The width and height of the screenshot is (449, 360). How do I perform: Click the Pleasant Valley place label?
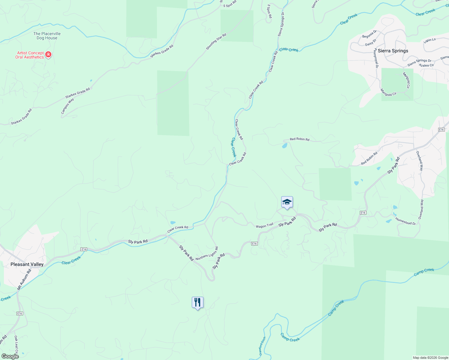click(x=27, y=264)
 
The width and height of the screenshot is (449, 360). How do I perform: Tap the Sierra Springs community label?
click(x=393, y=51)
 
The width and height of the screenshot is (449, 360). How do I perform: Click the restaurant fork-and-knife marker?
click(x=197, y=302)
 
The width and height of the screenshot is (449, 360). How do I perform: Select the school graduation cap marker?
click(x=287, y=202)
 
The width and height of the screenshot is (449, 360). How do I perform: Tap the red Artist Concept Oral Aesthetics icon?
click(x=48, y=55)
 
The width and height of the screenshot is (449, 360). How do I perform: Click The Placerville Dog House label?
click(x=47, y=36)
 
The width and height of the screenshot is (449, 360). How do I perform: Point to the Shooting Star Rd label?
click(x=216, y=42)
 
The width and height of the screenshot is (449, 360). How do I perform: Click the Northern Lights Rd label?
click(x=207, y=254)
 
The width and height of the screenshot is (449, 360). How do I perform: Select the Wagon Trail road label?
click(x=264, y=226)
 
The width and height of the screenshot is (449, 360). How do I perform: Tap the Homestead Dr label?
click(x=405, y=221)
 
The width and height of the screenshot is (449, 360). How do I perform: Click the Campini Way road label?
click(x=68, y=106)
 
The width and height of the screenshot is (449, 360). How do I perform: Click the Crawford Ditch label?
click(x=262, y=346)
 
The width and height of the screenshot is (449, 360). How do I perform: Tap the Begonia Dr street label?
click(x=369, y=34)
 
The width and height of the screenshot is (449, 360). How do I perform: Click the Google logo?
click(x=10, y=356)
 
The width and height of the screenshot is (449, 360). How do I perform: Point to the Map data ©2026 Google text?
click(x=430, y=358)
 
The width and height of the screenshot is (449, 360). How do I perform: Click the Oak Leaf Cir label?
click(x=17, y=344)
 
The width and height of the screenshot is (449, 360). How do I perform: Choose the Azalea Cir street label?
click(x=426, y=65)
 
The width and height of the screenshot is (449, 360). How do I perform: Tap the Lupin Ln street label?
click(x=430, y=40)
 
